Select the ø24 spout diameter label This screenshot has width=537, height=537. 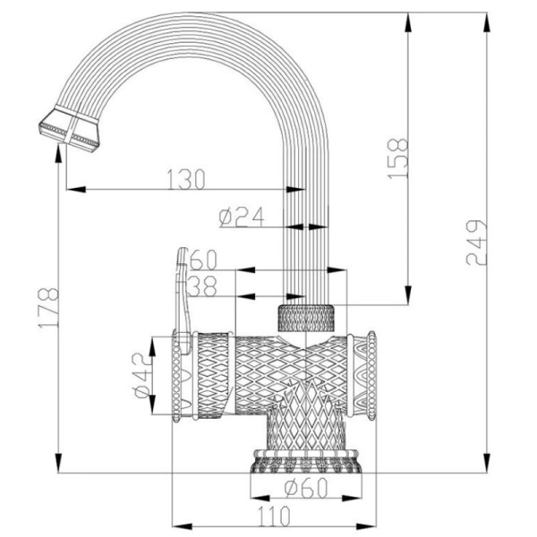237,215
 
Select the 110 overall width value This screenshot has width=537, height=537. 274,516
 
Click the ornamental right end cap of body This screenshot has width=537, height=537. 365,376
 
